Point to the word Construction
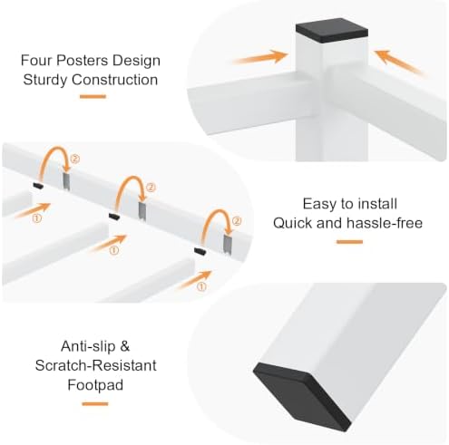(x=115, y=80)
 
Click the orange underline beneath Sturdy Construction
(x=93, y=97)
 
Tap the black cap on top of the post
(x=332, y=30)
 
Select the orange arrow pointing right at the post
(x=260, y=57)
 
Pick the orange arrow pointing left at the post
(x=399, y=62)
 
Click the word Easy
(x=318, y=204)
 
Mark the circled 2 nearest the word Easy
(x=237, y=221)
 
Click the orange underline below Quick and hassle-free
(x=349, y=242)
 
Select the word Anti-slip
(x=88, y=346)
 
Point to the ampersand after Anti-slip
(x=124, y=346)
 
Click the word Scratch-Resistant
(x=95, y=365)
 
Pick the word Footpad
(x=95, y=385)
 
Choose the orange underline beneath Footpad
(x=95, y=404)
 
